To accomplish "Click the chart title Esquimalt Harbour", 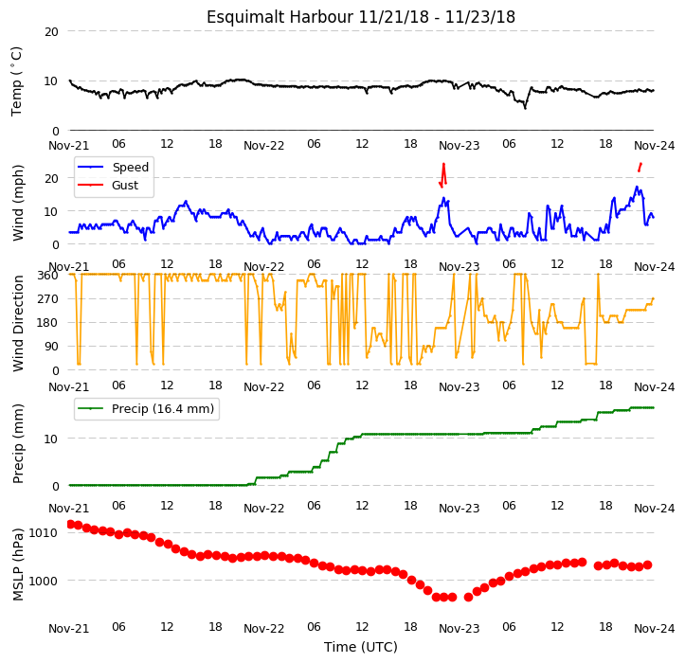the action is pyautogui.click(x=279, y=17).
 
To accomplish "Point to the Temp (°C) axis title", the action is pyautogui.click(x=16, y=81).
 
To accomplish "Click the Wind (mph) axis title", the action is pyautogui.click(x=17, y=203).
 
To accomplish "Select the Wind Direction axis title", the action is pyautogui.click(x=17, y=324).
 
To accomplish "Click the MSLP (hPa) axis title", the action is pyautogui.click(x=17, y=564).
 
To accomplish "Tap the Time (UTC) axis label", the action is pyautogui.click(x=361, y=647).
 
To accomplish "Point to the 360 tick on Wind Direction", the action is pyautogui.click(x=47, y=276).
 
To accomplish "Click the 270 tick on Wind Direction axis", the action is pyautogui.click(x=47, y=299).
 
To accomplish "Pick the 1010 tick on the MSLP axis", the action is pyautogui.click(x=43, y=533).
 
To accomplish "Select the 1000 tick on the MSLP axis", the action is pyautogui.click(x=43, y=581).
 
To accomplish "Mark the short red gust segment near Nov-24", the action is pyautogui.click(x=640, y=168).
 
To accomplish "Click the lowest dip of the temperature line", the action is pyautogui.click(x=525, y=107).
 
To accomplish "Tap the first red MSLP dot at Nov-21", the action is pyautogui.click(x=71, y=524).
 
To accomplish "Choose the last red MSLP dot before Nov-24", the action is pyautogui.click(x=648, y=565).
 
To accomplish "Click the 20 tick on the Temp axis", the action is pyautogui.click(x=51, y=32).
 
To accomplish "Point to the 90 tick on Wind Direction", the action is pyautogui.click(x=51, y=347).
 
